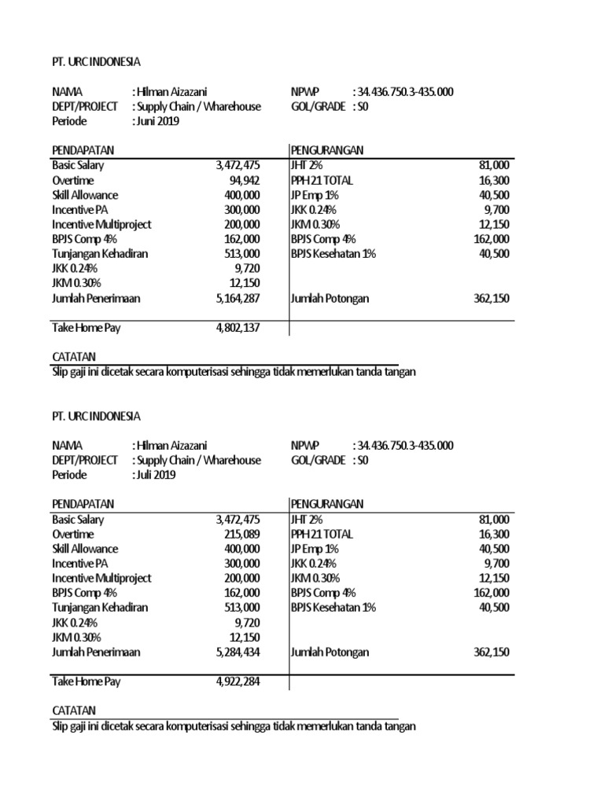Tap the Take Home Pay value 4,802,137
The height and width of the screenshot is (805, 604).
coord(238,327)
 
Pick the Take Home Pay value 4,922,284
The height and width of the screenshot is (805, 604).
coord(238,681)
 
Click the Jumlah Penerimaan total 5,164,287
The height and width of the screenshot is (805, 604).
coord(238,298)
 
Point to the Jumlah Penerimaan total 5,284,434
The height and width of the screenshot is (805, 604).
coord(238,652)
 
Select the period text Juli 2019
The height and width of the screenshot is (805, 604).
coord(155,475)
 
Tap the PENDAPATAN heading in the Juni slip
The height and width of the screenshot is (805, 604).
coord(83,150)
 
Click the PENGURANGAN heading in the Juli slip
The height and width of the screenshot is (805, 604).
coord(327,504)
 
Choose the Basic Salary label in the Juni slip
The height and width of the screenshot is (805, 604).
coord(78,165)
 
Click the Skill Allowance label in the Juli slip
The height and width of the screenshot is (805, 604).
coord(85,549)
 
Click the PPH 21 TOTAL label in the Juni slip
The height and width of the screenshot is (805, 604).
coord(322,180)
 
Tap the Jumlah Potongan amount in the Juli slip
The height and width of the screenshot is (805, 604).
coord(492,652)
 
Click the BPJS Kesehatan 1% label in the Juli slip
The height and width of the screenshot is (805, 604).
coord(333,608)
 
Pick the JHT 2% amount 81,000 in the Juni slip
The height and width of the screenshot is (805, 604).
coord(494,165)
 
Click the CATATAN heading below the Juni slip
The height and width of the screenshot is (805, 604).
coord(73,356)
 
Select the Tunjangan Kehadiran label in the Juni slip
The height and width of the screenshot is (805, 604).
coord(100,253)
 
